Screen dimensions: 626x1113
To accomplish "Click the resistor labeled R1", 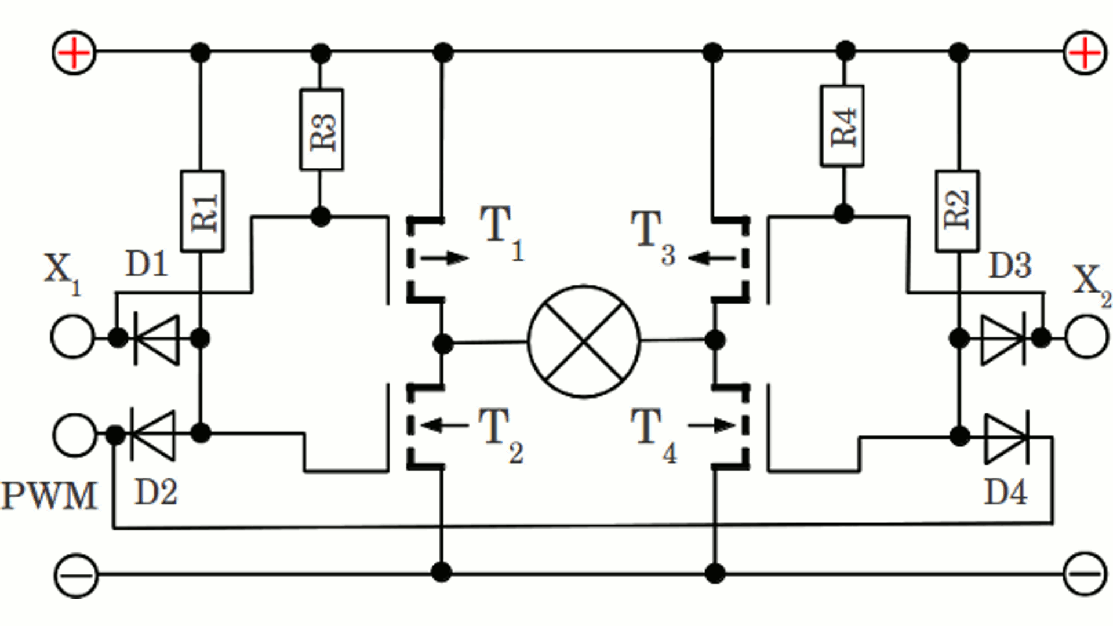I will (x=202, y=212).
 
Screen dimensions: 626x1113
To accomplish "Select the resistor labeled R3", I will (x=321, y=130).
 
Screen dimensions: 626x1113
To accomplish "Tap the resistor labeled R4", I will (x=842, y=126).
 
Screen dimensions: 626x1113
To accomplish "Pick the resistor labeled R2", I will (x=957, y=212).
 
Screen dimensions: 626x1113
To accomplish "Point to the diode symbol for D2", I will (x=152, y=435).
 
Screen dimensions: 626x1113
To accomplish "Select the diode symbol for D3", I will (x=1003, y=339).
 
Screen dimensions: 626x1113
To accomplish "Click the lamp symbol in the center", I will (x=584, y=341).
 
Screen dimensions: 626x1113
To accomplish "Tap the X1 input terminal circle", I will (x=72, y=337).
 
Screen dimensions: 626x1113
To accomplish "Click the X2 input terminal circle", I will (x=1086, y=337).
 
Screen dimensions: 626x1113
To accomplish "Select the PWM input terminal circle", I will (x=74, y=435).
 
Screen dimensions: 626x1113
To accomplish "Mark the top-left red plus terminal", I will (x=74, y=53).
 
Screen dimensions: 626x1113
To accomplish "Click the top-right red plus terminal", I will (x=1085, y=53).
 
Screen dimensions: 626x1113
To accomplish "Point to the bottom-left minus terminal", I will (x=76, y=575).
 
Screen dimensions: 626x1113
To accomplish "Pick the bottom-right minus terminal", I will (x=1085, y=575).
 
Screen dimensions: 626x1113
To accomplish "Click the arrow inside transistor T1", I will (x=445, y=258).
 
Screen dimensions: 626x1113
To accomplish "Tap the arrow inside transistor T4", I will (x=712, y=426).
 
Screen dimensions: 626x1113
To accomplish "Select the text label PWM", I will (x=49, y=497).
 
